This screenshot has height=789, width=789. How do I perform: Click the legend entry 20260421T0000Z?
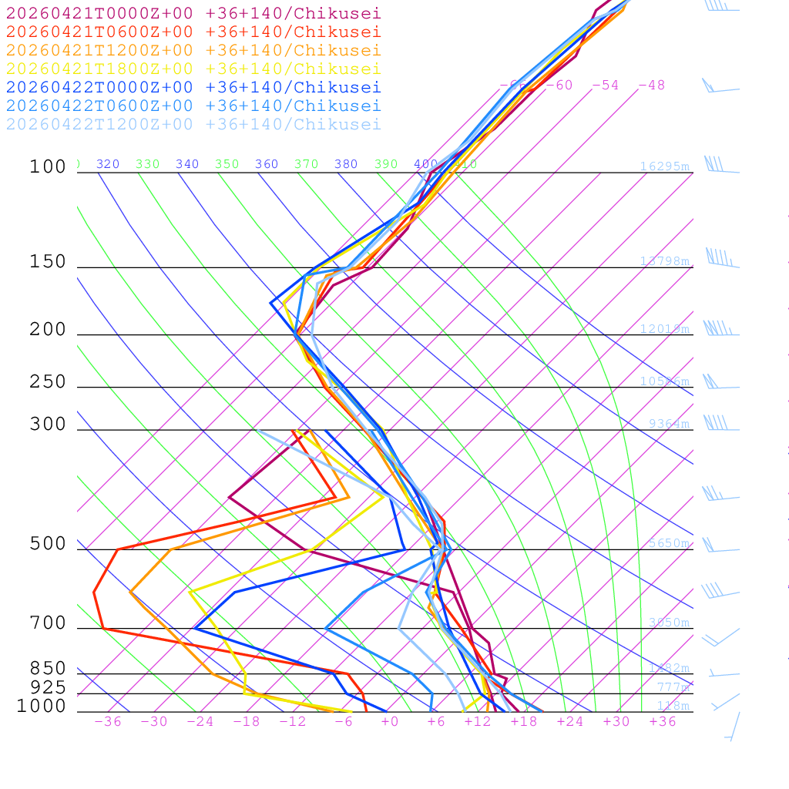[x=193, y=13]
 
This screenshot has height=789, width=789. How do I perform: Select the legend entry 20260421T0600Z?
[x=193, y=32]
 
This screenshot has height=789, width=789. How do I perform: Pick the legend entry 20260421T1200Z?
[x=193, y=50]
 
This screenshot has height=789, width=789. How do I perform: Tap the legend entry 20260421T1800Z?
[x=193, y=69]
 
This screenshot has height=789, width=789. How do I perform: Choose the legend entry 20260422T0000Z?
[x=193, y=87]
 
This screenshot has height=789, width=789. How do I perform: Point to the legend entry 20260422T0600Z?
[x=193, y=106]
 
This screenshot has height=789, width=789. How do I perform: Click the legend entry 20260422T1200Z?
[x=193, y=124]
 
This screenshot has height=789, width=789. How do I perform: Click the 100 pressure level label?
[x=48, y=166]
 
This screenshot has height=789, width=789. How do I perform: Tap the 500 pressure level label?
[x=48, y=544]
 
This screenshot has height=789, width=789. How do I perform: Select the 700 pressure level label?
[x=48, y=623]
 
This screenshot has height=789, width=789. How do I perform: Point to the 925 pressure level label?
[x=48, y=687]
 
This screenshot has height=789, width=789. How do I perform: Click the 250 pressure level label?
[x=48, y=382]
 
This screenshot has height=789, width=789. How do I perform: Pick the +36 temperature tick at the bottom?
[x=663, y=721]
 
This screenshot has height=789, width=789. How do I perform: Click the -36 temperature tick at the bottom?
[x=108, y=721]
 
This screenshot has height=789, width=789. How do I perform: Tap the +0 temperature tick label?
[x=390, y=721]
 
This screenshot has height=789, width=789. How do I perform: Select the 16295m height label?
[x=664, y=166]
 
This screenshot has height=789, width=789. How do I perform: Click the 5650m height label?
[x=668, y=543]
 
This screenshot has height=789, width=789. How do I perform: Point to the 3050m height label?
[x=668, y=623]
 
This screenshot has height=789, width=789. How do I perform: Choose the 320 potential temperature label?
[x=108, y=164]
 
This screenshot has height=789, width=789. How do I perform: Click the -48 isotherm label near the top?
[x=651, y=85]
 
